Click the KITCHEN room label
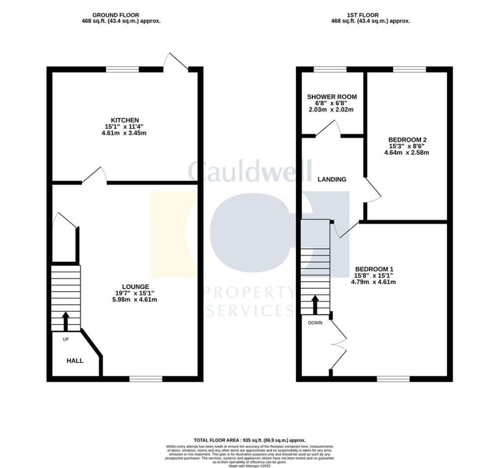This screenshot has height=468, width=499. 125,120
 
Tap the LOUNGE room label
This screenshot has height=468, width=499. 135,287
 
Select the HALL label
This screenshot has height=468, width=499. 75,361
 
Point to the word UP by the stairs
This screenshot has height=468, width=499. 66,339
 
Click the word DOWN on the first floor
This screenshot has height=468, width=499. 315,323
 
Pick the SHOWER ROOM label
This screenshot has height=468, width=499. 332,97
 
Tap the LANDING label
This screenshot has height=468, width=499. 332,179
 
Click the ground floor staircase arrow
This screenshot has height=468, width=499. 66,321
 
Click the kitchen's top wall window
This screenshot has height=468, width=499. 122,69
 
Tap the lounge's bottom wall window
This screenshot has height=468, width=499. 146,379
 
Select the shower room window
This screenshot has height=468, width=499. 330,69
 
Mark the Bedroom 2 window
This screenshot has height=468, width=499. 409,69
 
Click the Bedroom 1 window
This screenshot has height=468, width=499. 393,379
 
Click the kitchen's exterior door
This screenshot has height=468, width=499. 175,61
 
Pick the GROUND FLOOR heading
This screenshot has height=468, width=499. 115,15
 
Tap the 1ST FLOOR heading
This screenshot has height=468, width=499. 363,15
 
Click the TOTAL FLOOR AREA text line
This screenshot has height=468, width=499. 249,440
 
